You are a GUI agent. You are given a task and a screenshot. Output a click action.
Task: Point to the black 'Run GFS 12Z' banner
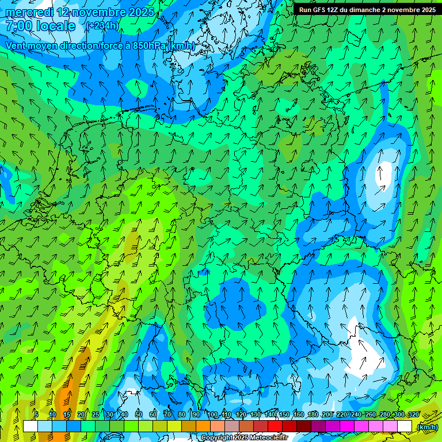pyautogui.click(x=367, y=9)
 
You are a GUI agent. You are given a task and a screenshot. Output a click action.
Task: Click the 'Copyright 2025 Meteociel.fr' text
pyautogui.click(x=244, y=438)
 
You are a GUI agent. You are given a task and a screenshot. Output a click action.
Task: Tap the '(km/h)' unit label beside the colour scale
pyautogui.click(x=426, y=427)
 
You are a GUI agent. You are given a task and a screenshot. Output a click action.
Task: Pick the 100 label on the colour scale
pyautogui.click(x=212, y=415)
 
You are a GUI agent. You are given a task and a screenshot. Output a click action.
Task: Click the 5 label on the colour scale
pyautogui.click(x=36, y=415)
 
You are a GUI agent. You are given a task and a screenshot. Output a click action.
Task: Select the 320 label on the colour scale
pyautogui.click(x=413, y=415)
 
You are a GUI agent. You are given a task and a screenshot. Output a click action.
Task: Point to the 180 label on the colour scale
pyautogui.click(x=313, y=415)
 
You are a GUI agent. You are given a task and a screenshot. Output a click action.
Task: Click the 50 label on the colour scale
pyautogui.click(x=139, y=415)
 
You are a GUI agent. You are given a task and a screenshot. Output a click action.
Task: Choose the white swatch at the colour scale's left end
pyautogui.click(x=31, y=426)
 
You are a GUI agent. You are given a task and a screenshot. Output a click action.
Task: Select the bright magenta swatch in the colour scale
pyautogui.click(x=347, y=426)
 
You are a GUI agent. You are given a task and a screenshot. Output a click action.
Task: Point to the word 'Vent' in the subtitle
pyautogui.click(x=17, y=45)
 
